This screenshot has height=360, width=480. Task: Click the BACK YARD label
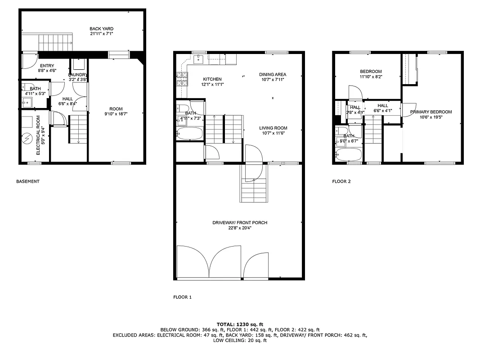click(x=98, y=29)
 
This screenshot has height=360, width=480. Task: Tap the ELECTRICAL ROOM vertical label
click(x=38, y=135)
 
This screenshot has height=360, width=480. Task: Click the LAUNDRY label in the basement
click(x=77, y=74)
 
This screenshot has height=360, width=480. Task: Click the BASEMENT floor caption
click(x=28, y=181)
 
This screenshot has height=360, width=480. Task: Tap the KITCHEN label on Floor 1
click(x=212, y=79)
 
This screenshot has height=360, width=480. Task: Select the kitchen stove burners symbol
click(x=182, y=79)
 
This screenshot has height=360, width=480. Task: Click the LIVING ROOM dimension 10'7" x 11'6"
click(x=273, y=133)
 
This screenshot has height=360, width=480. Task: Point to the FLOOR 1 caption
click(x=182, y=297)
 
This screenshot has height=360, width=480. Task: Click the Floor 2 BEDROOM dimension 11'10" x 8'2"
click(x=371, y=77)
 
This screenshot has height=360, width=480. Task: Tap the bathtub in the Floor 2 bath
click(x=348, y=154)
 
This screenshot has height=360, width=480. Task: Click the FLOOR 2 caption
click(x=341, y=182)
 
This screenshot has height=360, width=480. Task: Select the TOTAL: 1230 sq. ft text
click(x=240, y=324)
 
